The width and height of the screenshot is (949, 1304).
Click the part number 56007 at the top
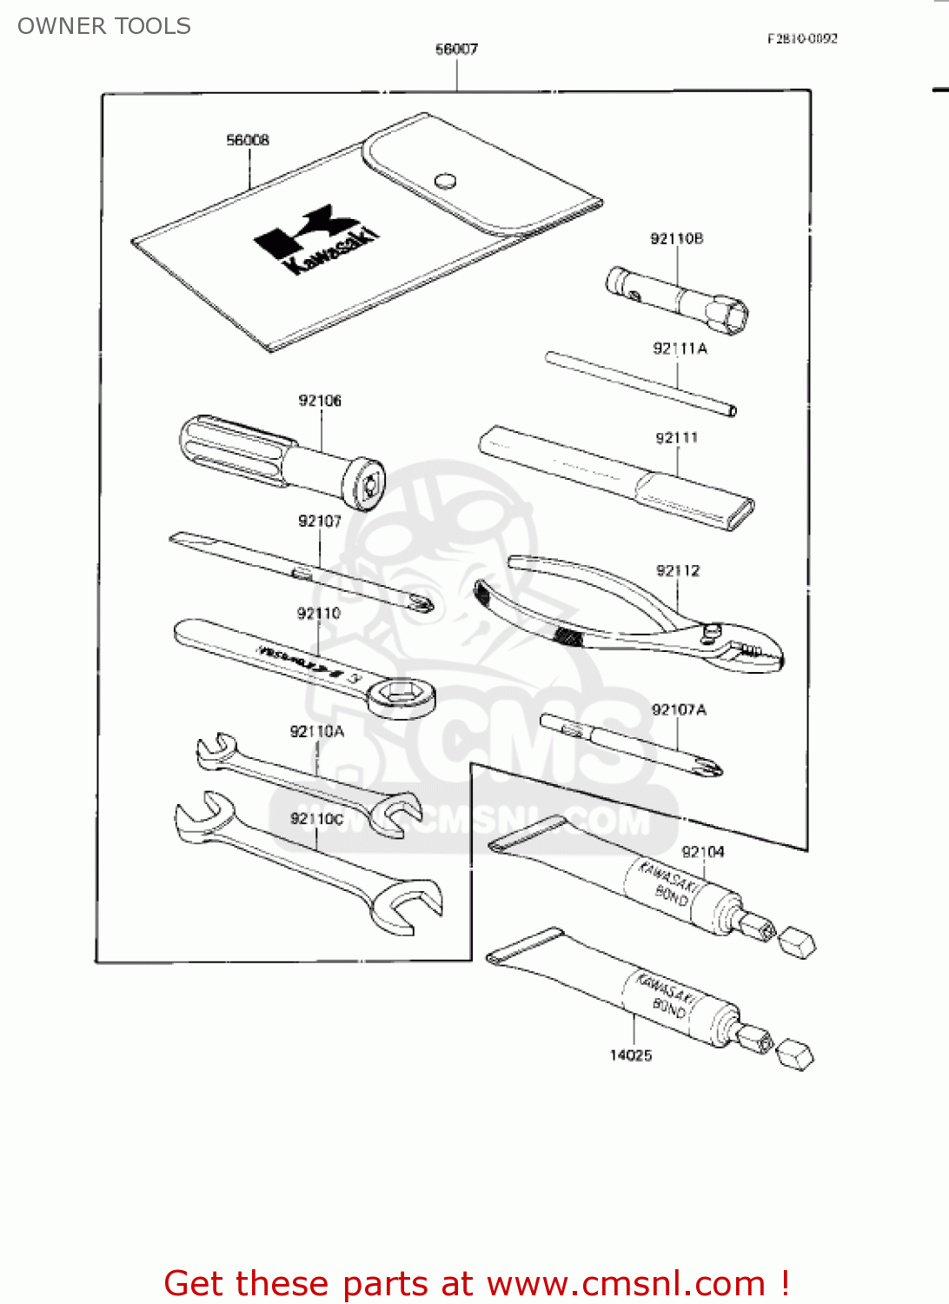click(x=456, y=50)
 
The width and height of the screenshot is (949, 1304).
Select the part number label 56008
click(x=248, y=140)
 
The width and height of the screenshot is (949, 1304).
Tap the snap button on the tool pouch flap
click(x=445, y=180)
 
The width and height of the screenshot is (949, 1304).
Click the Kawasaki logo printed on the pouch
click(x=317, y=240)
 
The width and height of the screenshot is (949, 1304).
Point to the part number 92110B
click(x=676, y=238)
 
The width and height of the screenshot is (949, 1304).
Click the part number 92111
click(x=676, y=437)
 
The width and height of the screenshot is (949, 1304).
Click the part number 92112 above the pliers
click(x=678, y=570)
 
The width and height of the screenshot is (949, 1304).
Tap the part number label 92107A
click(x=679, y=709)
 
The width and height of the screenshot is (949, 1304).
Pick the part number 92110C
click(x=317, y=819)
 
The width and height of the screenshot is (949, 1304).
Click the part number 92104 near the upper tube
click(x=702, y=852)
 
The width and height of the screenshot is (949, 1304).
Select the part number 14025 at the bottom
click(x=630, y=1055)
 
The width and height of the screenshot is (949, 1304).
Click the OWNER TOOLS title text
click(x=104, y=26)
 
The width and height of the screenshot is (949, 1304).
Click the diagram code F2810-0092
click(x=802, y=38)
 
